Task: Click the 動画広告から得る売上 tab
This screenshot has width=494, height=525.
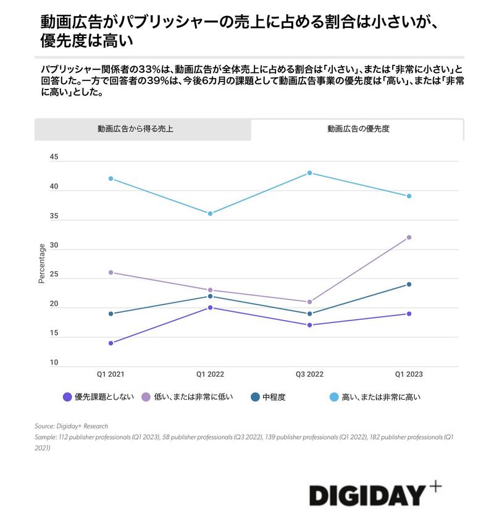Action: [x=143, y=129]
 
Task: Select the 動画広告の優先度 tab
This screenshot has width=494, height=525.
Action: [x=358, y=129]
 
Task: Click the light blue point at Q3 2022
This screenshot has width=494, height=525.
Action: [x=309, y=173]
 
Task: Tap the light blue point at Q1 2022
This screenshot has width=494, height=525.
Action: [x=210, y=214]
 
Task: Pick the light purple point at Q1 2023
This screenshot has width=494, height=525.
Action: [x=409, y=237]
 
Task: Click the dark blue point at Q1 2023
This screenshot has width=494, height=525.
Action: [x=409, y=284]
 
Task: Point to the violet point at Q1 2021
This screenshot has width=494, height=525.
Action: [x=111, y=343]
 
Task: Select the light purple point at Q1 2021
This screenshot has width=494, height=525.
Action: [x=111, y=272]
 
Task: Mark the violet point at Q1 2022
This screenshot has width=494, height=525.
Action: [x=210, y=308]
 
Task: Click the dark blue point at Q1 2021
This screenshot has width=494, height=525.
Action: [x=111, y=314]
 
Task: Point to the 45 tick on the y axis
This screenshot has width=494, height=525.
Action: [x=54, y=157]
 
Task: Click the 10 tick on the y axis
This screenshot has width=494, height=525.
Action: [x=54, y=363]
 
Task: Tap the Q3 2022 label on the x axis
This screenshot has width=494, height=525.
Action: [x=309, y=374]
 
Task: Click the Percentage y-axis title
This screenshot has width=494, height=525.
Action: [x=42, y=264]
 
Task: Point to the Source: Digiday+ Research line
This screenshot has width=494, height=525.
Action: [x=71, y=426]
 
